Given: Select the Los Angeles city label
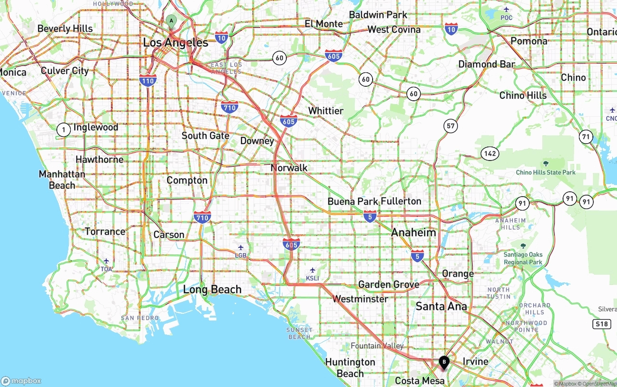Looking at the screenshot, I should pyautogui.click(x=175, y=42).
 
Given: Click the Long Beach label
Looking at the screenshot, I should pyautogui.click(x=212, y=290).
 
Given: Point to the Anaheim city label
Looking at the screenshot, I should pyautogui.click(x=414, y=232).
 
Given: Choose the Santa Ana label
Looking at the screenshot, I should pyautogui.click(x=441, y=306).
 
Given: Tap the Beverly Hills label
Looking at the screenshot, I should pyautogui.click(x=65, y=28).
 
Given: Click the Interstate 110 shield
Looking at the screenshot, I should pyautogui.click(x=148, y=80).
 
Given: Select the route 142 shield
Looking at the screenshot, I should pyautogui.click(x=489, y=154).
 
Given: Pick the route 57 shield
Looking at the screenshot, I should pyautogui.click(x=450, y=126).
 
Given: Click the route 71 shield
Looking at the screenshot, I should pyautogui.click(x=586, y=136).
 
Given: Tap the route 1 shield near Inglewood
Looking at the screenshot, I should pyautogui.click(x=64, y=130).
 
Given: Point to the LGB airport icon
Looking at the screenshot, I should pyautogui.click(x=241, y=248).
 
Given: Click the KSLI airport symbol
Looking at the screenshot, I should pyautogui.click(x=312, y=270).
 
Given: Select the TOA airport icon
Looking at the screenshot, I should pyautogui.click(x=106, y=261).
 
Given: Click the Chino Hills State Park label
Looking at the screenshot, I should pyautogui.click(x=546, y=172).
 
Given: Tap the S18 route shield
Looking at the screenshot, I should pyautogui.click(x=602, y=324).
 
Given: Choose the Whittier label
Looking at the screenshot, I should pyautogui.click(x=326, y=111).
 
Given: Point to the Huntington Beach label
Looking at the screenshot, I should pyautogui.click(x=350, y=368).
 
